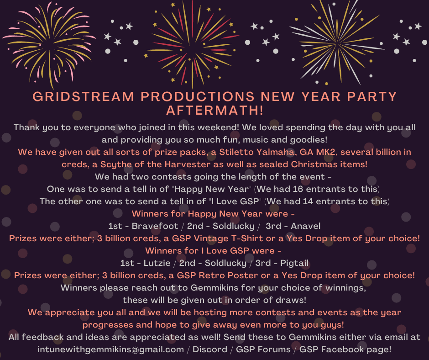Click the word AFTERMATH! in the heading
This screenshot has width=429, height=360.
click(x=215, y=110)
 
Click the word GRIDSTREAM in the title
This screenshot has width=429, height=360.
click(x=84, y=96)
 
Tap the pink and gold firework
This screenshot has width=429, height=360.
click(x=49, y=44)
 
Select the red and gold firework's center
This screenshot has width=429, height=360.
click(x=192, y=44)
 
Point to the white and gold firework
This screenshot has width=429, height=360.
click(x=337, y=43)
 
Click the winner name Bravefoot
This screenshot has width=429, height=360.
click(x=155, y=226)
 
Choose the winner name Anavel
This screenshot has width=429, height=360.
click(x=305, y=226)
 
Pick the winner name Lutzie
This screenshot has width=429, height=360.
click(x=157, y=263)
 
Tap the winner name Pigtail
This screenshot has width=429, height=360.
click(x=294, y=263)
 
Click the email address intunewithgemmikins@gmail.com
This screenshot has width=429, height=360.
click(x=111, y=349)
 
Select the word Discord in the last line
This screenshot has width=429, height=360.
click(x=210, y=349)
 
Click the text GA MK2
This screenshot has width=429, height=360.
click(x=317, y=152)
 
